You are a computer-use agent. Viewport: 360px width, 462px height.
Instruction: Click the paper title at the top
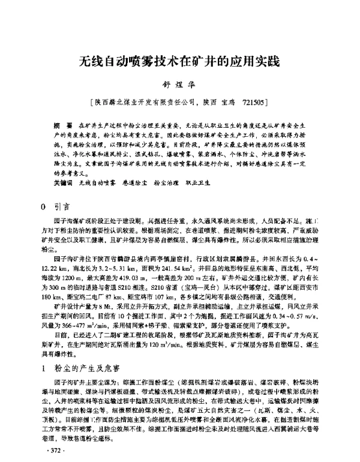pyautogui.click(x=179, y=62)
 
